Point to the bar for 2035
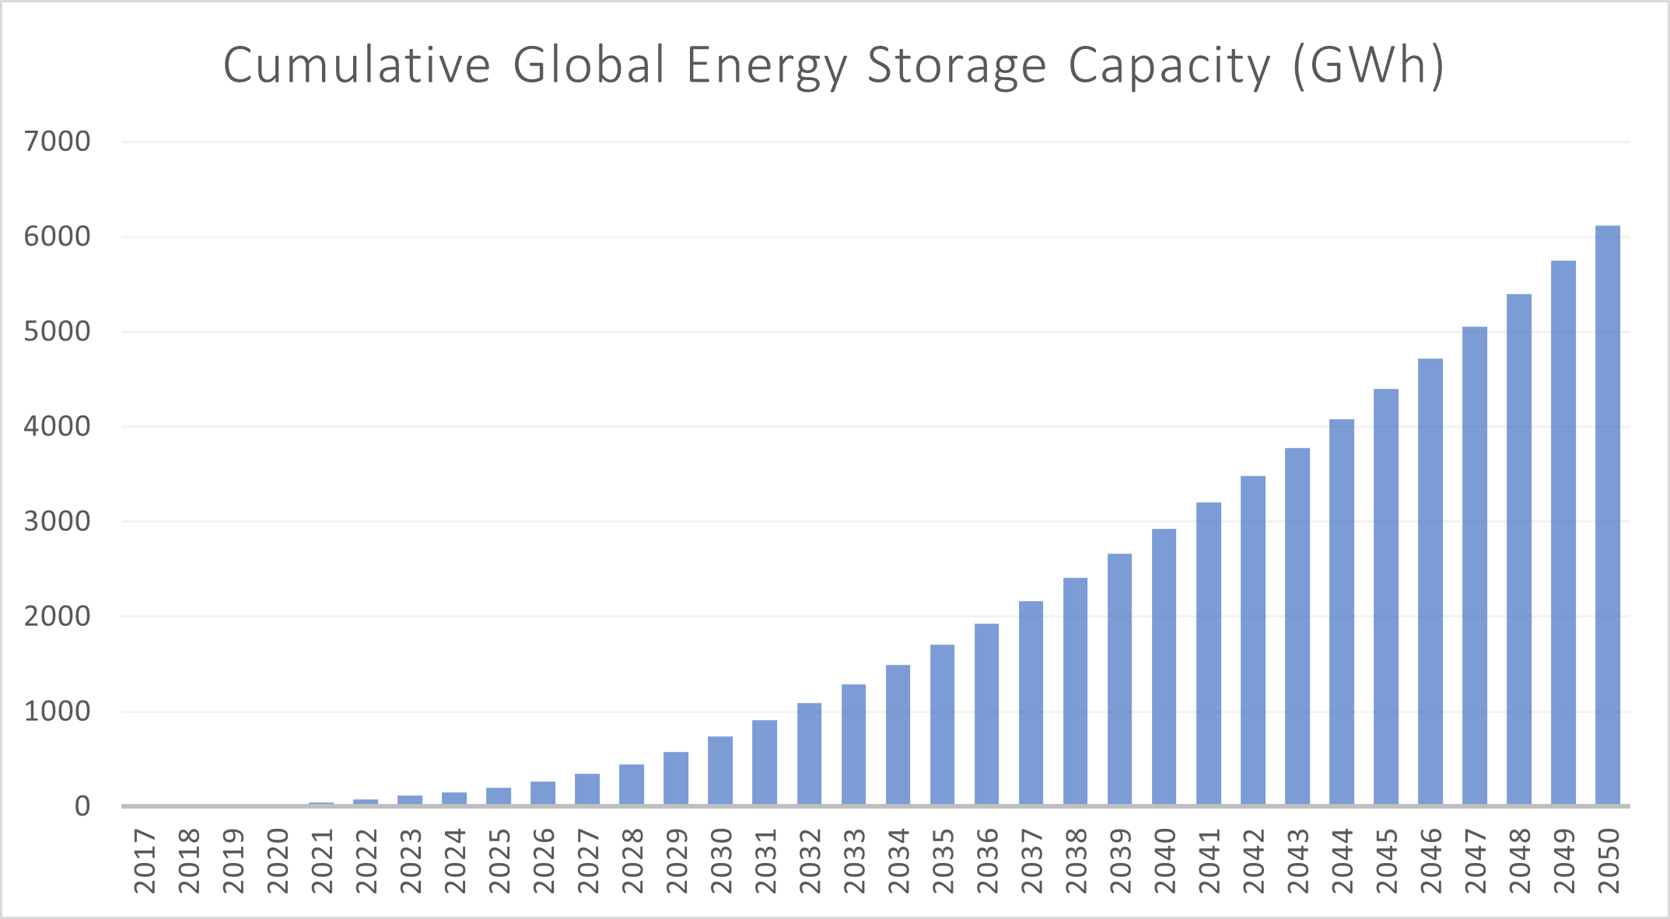(942, 725)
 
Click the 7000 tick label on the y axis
(58, 142)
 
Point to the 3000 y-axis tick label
(58, 522)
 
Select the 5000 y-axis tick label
(58, 332)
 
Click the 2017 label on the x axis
(145, 861)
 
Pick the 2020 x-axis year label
(278, 861)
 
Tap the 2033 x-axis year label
(854, 861)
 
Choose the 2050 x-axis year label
(1608, 861)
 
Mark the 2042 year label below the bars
(1253, 861)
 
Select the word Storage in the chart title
(957, 66)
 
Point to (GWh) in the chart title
(1367, 66)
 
